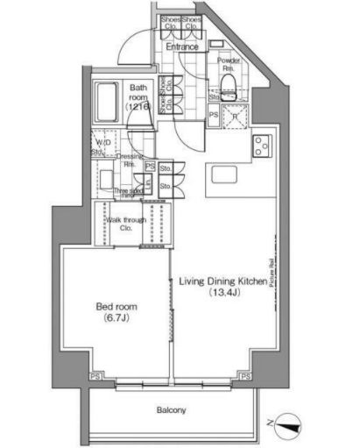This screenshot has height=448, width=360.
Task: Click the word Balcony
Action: coord(172,409)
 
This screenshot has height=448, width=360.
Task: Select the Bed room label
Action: coord(115,307)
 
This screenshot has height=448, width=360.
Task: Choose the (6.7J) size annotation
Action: coord(115,319)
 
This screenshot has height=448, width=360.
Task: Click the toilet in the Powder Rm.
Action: coord(230,84)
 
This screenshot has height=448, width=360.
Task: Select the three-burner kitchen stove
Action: coord(263,147)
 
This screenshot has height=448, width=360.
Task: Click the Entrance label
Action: coord(182,46)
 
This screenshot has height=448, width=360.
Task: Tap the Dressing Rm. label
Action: coord(128,160)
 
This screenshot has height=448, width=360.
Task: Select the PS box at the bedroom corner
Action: coord(94,378)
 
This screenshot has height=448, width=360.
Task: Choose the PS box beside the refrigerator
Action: coord(215,114)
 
